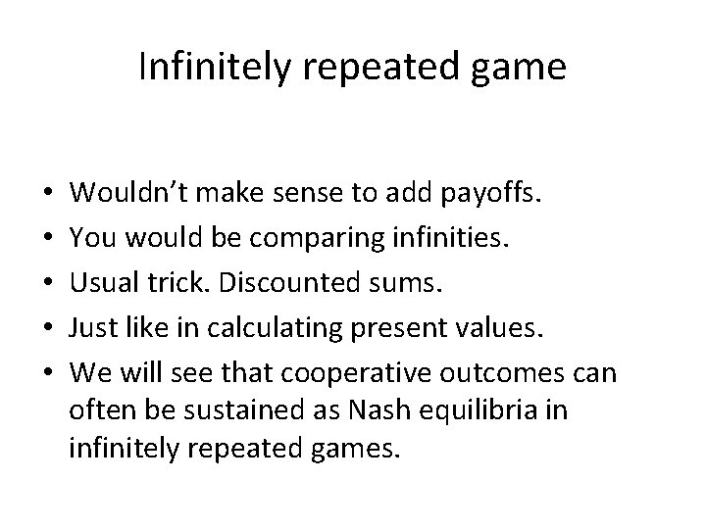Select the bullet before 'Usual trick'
(49, 282)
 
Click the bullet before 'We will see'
(49, 365)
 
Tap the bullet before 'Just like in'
(49, 323)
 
